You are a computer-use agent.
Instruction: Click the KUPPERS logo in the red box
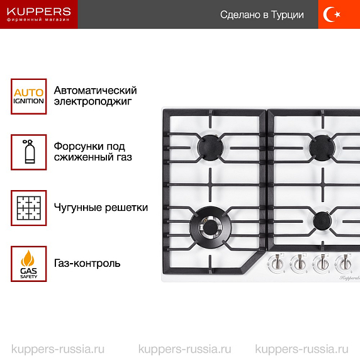(39, 14)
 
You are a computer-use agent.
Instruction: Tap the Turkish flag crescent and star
(332, 14)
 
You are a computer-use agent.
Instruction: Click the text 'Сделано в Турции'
(262, 14)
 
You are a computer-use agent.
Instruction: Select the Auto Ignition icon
(29, 96)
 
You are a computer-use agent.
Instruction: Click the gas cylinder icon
(29, 152)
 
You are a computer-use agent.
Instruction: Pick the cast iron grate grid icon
(29, 208)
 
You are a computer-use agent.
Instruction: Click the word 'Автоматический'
(95, 91)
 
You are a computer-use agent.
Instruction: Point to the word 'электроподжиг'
(93, 101)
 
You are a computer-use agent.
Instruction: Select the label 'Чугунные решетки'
(101, 208)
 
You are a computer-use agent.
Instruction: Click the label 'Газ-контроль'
(87, 263)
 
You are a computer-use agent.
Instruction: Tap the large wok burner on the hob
(211, 227)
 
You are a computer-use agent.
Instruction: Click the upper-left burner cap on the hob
(210, 147)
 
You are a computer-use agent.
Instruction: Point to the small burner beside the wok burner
(322, 221)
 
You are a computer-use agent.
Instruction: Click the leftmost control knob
(276, 263)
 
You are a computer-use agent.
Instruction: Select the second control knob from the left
(299, 264)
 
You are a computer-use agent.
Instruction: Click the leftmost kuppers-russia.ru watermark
(58, 349)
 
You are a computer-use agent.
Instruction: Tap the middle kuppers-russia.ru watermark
(185, 349)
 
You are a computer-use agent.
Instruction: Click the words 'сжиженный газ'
(93, 157)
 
